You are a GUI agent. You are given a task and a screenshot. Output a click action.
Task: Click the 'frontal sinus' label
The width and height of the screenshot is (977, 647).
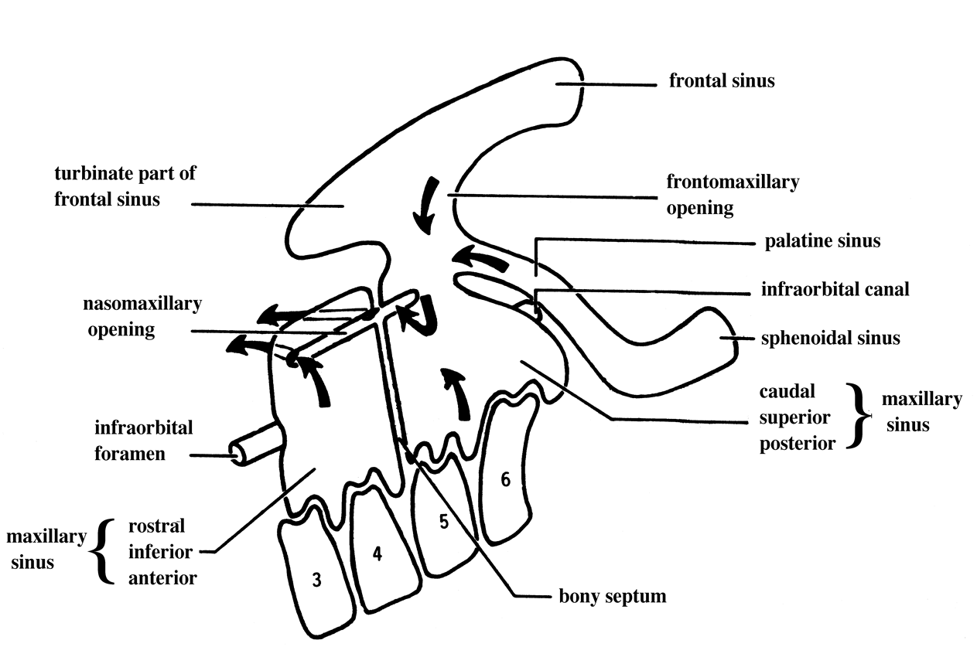coord(721,80)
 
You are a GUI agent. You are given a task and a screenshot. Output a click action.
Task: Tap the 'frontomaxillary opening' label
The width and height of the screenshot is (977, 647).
coord(732,195)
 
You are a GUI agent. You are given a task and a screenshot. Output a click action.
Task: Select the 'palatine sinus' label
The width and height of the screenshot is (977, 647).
coord(822,241)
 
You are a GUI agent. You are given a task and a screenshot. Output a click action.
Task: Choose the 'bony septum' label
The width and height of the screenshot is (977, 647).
coord(612,597)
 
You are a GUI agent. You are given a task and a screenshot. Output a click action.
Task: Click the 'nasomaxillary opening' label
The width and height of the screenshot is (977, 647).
coord(142,316)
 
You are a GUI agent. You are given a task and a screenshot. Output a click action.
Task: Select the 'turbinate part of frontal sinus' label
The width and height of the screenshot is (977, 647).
coord(125,186)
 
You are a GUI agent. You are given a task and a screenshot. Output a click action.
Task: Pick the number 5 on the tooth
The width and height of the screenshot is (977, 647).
coord(443,522)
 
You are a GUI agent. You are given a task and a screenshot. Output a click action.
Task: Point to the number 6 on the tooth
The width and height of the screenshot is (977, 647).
coord(505,480)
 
